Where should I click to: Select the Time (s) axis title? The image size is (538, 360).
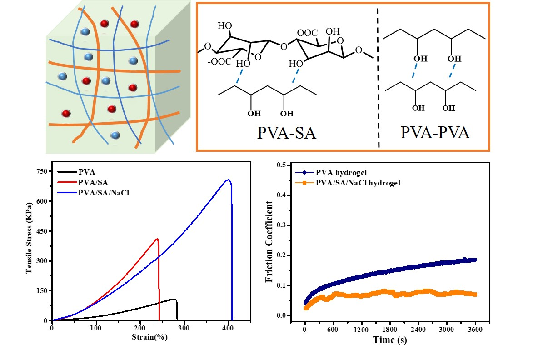pos(390,340)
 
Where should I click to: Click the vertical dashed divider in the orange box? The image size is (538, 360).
pos(379,77)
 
